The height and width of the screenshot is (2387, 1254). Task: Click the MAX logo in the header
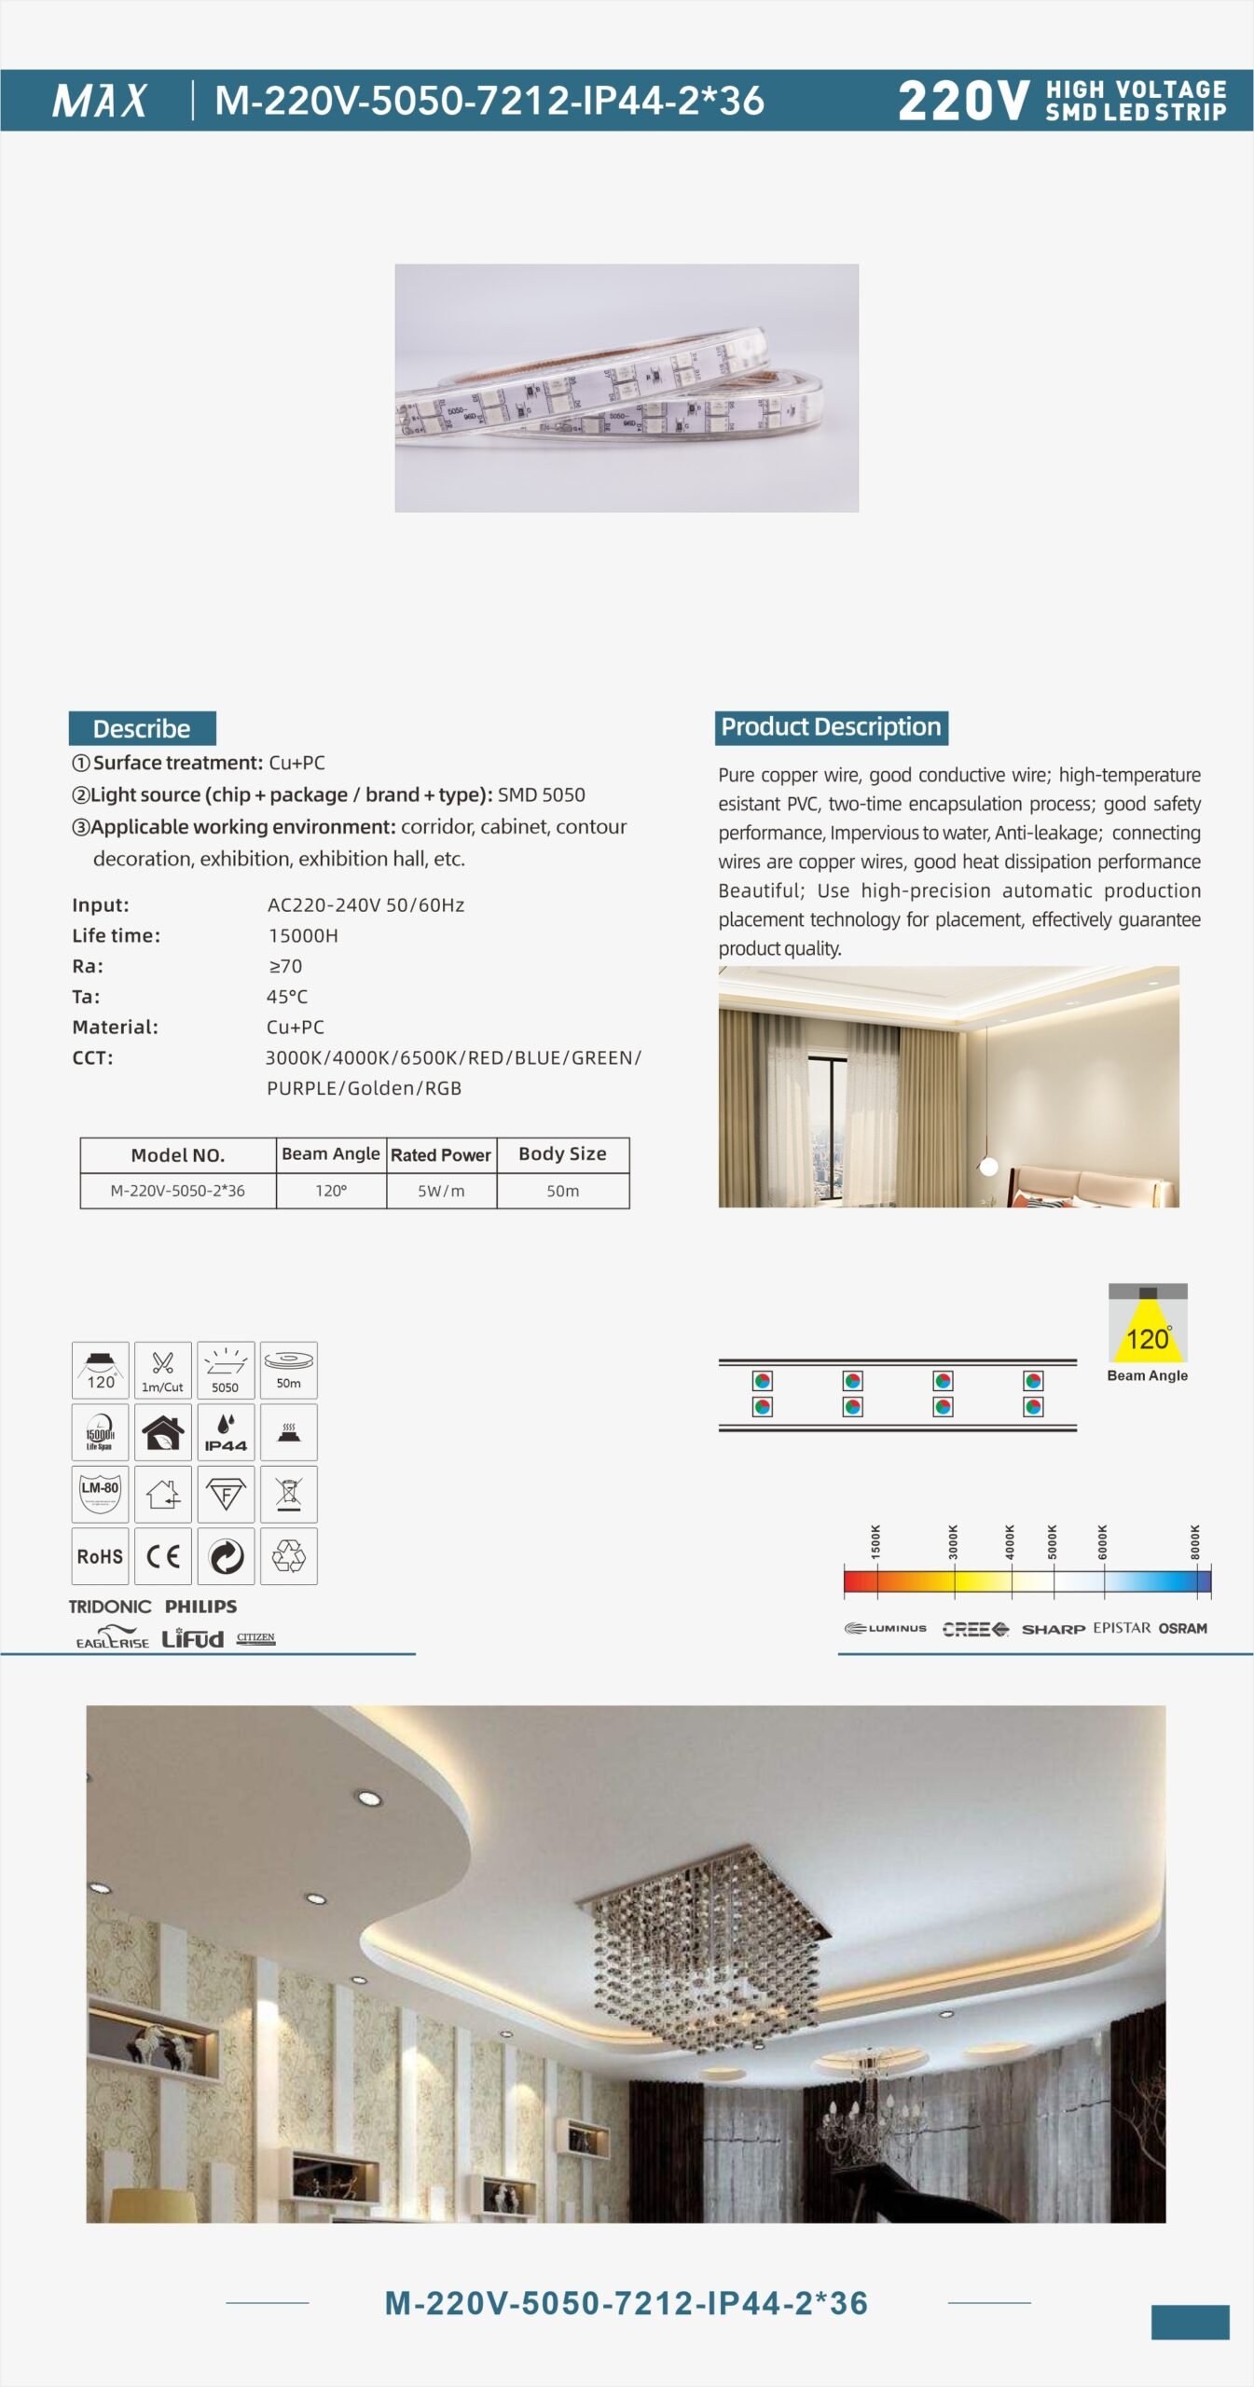100,101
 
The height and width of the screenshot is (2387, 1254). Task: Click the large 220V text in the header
963,101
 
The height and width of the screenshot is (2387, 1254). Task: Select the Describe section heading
142,728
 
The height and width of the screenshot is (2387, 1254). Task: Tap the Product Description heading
831,727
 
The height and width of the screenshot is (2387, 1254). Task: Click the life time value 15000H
303,935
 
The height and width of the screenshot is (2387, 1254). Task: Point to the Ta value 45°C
287,997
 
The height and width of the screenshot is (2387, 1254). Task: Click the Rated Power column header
441,1154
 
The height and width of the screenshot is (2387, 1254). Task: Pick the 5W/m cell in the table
441,1191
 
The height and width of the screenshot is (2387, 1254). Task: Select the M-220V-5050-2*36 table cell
177,1191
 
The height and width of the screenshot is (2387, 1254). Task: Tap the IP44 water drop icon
226,1432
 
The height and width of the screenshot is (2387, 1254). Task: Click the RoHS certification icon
100,1556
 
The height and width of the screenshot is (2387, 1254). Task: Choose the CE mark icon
163,1556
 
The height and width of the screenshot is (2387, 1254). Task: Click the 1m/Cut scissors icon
163,1369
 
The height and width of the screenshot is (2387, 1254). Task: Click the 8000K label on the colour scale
1195,1542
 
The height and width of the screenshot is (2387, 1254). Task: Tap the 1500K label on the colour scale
875,1542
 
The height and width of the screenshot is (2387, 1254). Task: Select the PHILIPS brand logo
200,1607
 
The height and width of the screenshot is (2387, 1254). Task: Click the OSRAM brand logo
1182,1628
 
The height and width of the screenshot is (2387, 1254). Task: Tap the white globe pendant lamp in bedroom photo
989,1166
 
